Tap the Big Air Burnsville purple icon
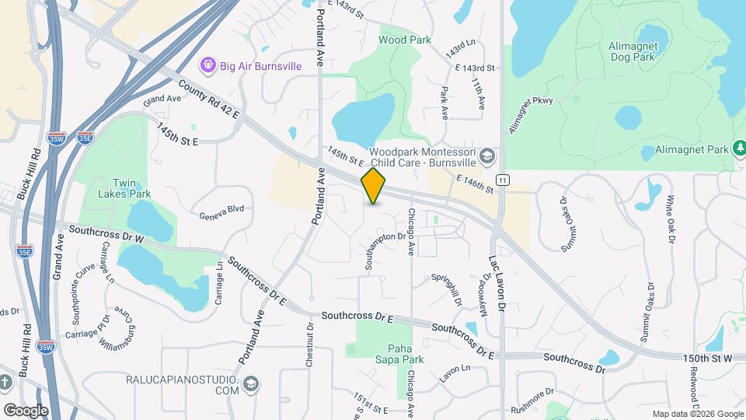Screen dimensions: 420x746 (x=207, y=65)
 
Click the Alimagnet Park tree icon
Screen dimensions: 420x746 (x=740, y=148)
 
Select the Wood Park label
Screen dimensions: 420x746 (x=399, y=39)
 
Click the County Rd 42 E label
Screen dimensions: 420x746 (x=208, y=99)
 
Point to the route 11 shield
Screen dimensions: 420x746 (x=504, y=180)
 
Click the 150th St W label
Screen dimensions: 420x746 (x=707, y=357)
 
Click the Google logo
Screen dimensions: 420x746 (x=26, y=410)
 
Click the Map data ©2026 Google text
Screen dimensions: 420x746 (x=698, y=414)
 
